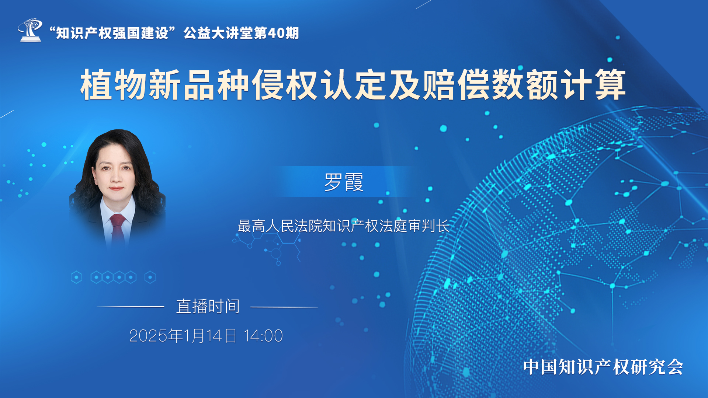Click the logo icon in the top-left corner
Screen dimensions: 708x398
[30, 29]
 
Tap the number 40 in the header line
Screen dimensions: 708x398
[276, 33]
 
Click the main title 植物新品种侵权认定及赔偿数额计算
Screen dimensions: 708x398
[353, 85]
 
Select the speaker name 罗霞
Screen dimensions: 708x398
[344, 182]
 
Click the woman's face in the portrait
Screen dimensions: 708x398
[115, 171]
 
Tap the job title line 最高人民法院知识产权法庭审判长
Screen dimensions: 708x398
[343, 226]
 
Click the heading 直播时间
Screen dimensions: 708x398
[208, 306]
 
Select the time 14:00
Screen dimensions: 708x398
[263, 336]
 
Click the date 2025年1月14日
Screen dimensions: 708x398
[183, 336]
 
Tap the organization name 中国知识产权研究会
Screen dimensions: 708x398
[603, 367]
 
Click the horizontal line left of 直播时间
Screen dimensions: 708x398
[131, 307]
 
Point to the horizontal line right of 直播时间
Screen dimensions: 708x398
[284, 307]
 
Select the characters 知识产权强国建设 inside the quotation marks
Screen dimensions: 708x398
[112, 33]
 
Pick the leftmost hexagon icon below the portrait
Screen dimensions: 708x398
[76, 277]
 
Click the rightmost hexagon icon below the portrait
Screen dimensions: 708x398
[150, 277]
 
